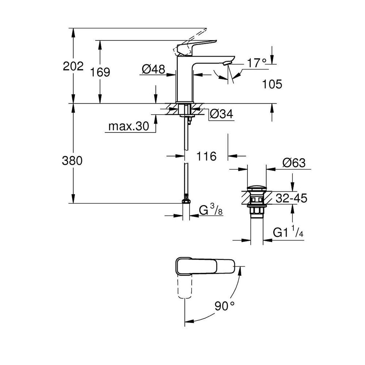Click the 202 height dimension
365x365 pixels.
point(73,66)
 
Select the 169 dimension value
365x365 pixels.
point(100,72)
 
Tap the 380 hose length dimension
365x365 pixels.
point(72,161)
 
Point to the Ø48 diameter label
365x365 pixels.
point(153,69)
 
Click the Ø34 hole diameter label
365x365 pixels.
point(222,114)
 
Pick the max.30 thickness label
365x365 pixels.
point(129,126)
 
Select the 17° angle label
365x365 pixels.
point(257,63)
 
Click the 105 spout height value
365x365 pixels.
point(272,84)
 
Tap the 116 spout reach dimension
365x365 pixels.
point(207,156)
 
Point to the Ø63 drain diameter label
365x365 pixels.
point(294,163)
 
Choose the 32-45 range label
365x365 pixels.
point(291,198)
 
